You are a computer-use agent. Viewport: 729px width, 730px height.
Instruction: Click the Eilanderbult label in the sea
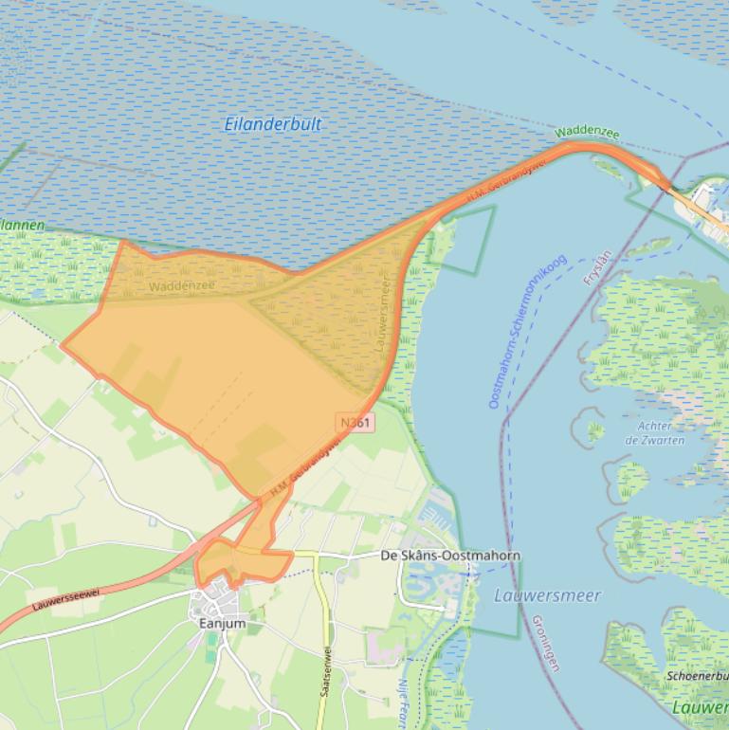pos(273,124)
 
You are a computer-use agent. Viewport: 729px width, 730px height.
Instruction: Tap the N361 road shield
pos(355,422)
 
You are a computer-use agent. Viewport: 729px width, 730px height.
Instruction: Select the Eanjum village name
pos(222,623)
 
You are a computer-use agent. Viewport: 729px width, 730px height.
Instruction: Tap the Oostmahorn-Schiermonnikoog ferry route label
pos(527,332)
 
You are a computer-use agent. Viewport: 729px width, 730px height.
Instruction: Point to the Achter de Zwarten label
pos(654,433)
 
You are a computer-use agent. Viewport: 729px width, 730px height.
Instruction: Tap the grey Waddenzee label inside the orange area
pos(182,285)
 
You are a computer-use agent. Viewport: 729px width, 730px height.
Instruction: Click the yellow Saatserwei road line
pos(323,607)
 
